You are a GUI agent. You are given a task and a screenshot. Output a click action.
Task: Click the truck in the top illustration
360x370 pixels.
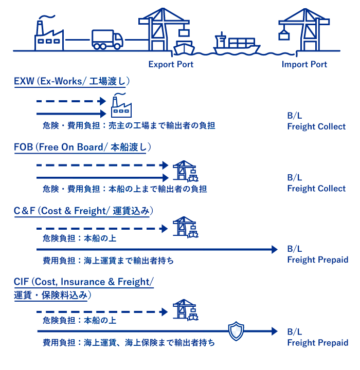point(107,39)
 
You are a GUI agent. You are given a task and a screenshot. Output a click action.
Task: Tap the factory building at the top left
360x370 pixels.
point(49,37)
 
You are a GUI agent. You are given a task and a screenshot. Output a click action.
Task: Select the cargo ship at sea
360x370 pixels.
point(237,44)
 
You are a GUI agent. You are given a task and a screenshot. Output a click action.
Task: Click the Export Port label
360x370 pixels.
point(171,64)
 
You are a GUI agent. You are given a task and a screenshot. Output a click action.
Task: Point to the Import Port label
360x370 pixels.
point(304,64)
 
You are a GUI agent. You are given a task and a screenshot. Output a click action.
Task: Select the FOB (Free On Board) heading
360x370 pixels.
point(82,147)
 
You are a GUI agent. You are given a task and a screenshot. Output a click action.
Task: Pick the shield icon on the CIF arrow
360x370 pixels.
point(236,331)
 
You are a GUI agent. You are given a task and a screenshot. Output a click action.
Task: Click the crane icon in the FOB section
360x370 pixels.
point(185,171)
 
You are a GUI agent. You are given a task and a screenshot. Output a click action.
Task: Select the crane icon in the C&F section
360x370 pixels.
point(185,227)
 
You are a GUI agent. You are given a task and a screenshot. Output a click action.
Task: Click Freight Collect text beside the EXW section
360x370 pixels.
point(316,126)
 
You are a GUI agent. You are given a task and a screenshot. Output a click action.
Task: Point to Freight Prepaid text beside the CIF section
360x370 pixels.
point(317,343)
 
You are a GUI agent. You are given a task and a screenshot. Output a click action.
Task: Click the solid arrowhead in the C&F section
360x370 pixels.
point(275,249)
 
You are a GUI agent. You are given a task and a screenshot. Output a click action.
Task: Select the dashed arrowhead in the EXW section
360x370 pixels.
point(101,101)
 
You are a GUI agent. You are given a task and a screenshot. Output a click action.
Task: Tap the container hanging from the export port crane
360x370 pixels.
point(184,33)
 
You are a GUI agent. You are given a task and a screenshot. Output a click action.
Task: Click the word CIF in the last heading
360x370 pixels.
point(21,282)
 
